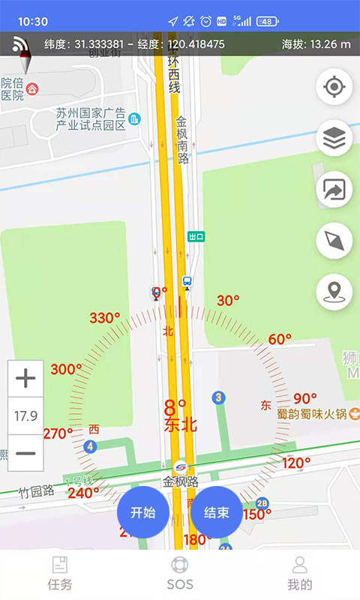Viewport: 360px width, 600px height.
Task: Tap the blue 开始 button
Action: [142, 513]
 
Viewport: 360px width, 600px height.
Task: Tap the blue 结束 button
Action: [216, 513]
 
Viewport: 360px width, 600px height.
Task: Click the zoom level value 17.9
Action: [25, 415]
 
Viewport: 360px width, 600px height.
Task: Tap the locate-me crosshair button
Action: [334, 87]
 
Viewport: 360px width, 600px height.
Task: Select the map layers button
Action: [334, 139]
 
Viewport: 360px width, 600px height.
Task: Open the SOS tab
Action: [180, 574]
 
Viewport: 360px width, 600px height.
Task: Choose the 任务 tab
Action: [59, 574]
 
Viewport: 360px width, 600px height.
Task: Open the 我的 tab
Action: [300, 574]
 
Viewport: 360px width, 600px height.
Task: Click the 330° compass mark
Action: [104, 318]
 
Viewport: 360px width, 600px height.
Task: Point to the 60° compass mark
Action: [280, 339]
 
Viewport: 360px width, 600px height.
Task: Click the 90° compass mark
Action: [305, 398]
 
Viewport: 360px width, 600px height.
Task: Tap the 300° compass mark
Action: [66, 369]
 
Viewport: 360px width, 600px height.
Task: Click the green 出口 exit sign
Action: [196, 236]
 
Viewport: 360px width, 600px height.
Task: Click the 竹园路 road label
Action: [37, 491]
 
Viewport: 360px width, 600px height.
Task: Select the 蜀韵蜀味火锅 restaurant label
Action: [310, 413]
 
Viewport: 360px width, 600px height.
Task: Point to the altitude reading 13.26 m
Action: [316, 44]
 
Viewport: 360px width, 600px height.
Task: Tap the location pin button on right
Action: [334, 292]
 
